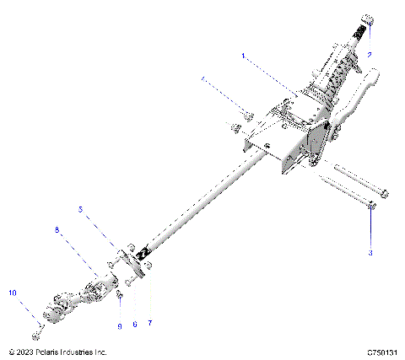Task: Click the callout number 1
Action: click(x=243, y=56)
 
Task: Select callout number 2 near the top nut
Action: click(x=370, y=53)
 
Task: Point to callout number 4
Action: click(x=202, y=79)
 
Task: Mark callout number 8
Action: click(x=57, y=229)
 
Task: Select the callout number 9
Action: click(x=120, y=324)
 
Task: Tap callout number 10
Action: click(x=13, y=293)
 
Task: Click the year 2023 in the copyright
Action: click(x=24, y=352)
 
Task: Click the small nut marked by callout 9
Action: click(x=120, y=296)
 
